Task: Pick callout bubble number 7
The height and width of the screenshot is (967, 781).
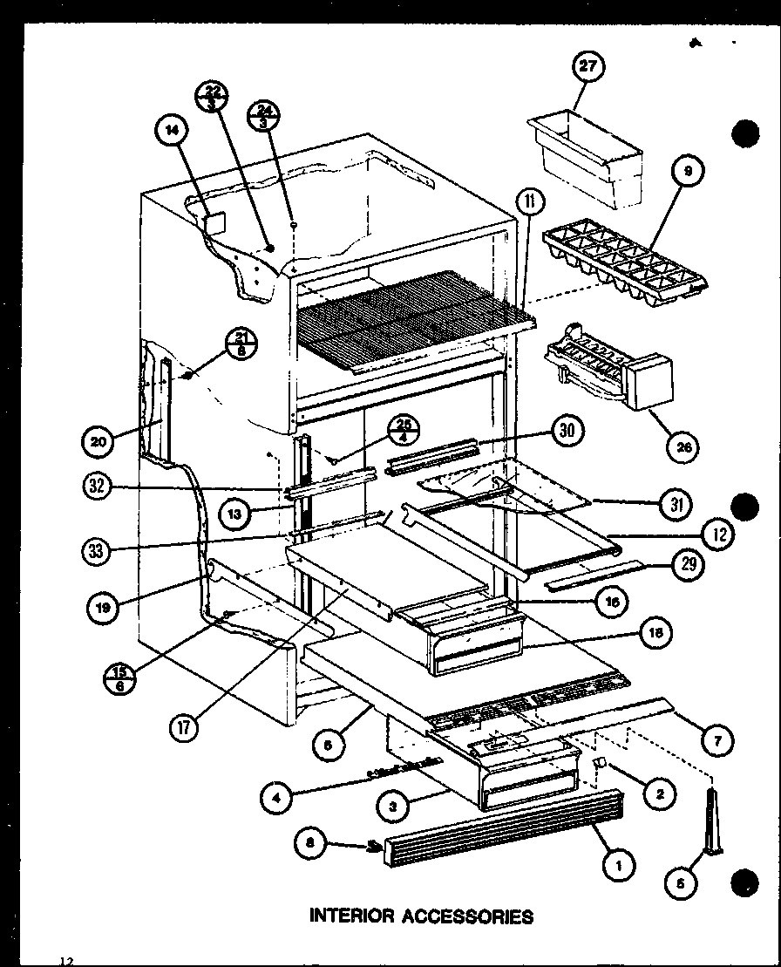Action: click(716, 741)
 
